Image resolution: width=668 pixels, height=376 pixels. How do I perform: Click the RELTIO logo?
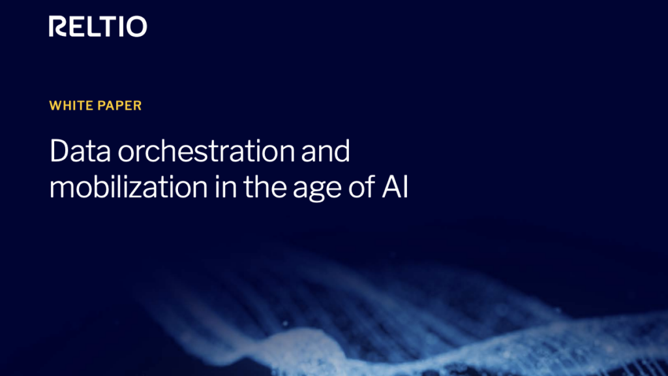[x=98, y=26]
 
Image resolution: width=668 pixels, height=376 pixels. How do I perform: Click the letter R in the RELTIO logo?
[x=58, y=26]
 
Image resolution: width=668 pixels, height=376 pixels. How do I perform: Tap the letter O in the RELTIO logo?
[x=137, y=26]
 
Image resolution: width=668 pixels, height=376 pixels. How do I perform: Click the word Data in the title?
[x=80, y=151]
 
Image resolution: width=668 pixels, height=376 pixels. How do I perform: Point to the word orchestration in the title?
[x=206, y=151]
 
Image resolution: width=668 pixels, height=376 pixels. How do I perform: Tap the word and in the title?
[x=326, y=151]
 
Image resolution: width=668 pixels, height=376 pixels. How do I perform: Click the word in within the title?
[x=225, y=187]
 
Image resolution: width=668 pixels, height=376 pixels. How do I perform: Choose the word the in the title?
[x=265, y=187]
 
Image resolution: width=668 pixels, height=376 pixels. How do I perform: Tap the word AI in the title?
[x=395, y=187]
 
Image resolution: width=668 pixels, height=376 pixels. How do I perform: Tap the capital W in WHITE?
[x=56, y=106]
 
